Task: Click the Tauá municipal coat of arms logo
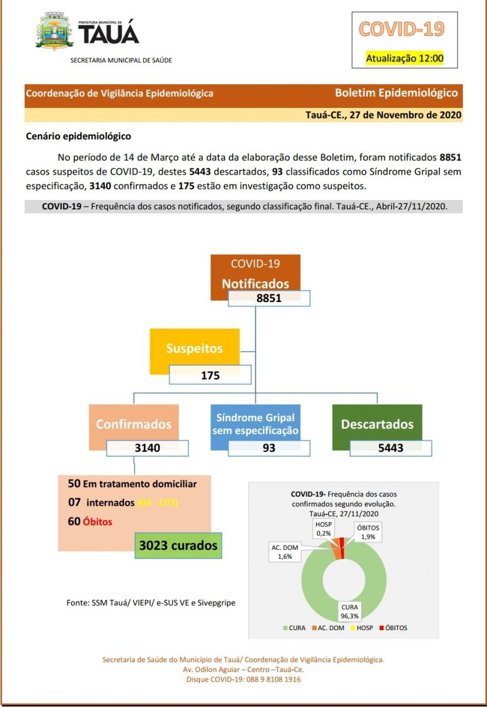pos(54,32)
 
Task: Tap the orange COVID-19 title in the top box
pos(402,29)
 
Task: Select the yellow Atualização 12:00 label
pos(404,58)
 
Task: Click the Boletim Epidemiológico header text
pos(396,93)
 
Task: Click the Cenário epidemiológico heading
pos(78,136)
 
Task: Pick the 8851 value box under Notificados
pos(269,298)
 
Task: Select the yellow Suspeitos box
pos(195,348)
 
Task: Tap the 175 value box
pos(210,375)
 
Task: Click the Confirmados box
pos(134,424)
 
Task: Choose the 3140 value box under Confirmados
pos(147,448)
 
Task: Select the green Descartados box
pos(377,424)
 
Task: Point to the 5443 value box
pos(390,448)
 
